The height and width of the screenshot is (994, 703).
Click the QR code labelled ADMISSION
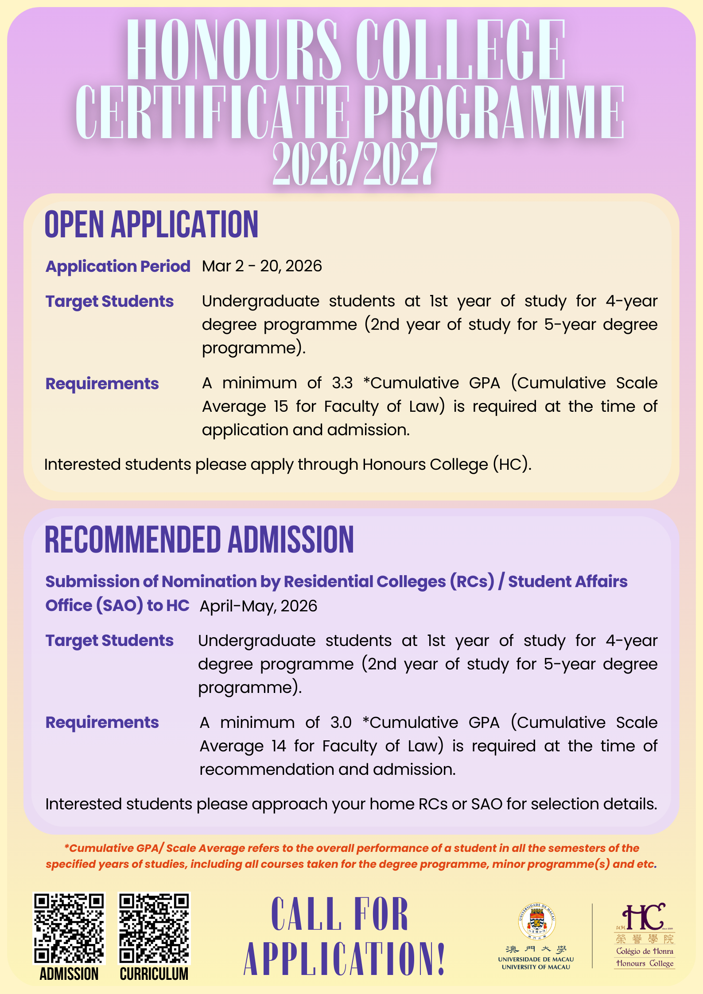(69, 928)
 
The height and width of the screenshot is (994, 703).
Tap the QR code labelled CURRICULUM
(154, 928)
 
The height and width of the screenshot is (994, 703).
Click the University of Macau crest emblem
(536, 921)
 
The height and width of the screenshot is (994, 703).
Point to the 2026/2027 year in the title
(354, 165)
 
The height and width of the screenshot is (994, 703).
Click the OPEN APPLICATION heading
(151, 224)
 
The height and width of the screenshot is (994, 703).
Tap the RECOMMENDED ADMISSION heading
(199, 540)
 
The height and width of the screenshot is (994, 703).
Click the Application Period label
(118, 266)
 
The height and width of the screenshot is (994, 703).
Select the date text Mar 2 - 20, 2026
(262, 266)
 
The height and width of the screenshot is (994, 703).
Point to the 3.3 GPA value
(342, 383)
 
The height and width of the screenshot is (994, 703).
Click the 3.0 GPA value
(341, 723)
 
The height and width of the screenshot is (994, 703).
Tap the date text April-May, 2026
(258, 606)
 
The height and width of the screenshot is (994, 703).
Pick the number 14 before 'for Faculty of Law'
(279, 746)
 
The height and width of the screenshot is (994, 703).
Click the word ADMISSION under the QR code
(69, 974)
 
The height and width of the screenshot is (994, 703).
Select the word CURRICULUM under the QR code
(154, 974)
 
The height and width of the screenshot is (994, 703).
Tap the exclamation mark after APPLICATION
(441, 959)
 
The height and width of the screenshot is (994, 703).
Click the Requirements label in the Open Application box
(102, 384)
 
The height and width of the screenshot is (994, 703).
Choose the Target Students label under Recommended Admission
(109, 641)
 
